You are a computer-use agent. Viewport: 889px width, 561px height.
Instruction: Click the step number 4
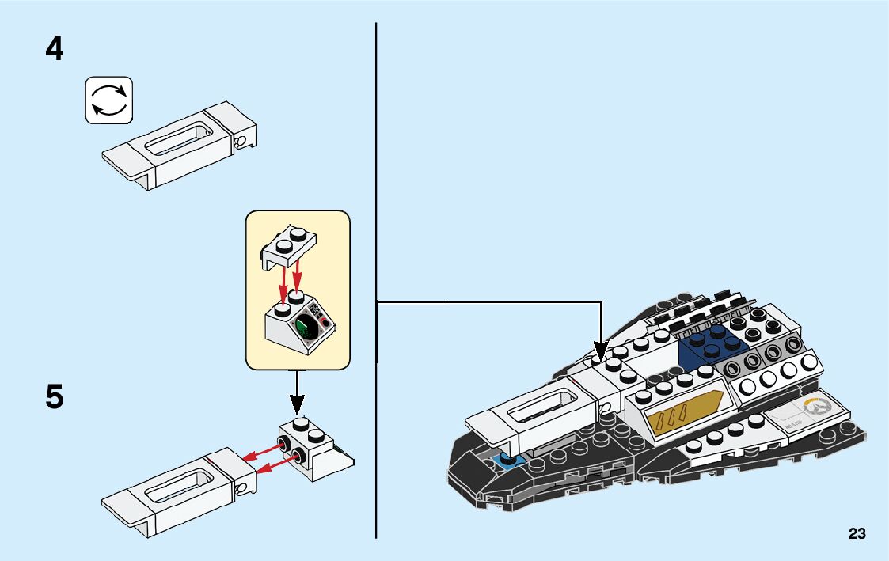coord(55,50)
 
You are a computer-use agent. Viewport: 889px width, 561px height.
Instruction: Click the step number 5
coord(55,396)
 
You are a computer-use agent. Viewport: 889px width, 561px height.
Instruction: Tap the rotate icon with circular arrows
coord(108,100)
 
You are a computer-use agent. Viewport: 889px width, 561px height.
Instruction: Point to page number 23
coord(857,534)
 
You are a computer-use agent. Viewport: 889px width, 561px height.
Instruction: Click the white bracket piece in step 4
coord(180,146)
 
